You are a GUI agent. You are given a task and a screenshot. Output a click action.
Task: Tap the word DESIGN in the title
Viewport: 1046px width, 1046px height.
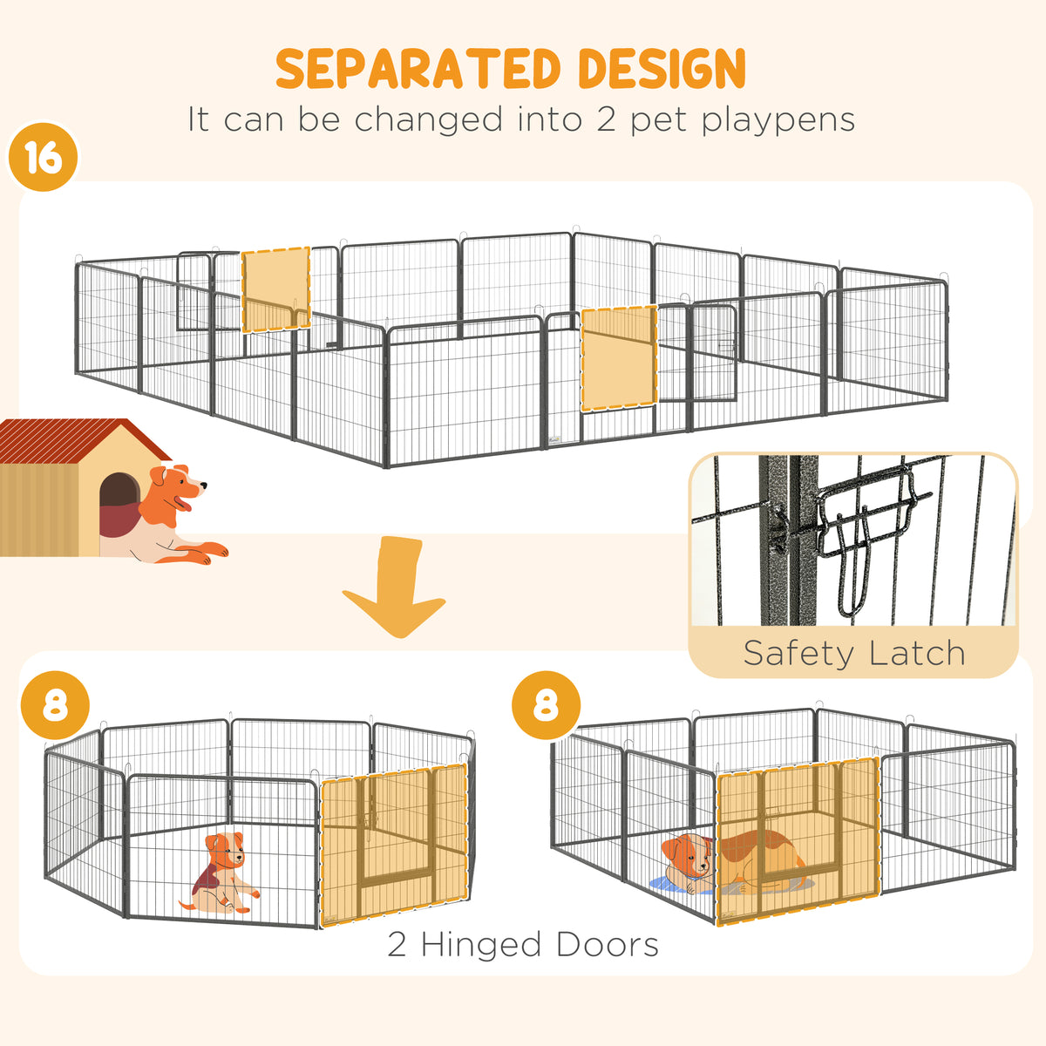[x=662, y=68]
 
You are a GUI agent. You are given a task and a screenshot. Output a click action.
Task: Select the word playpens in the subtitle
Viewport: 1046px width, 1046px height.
[x=778, y=120]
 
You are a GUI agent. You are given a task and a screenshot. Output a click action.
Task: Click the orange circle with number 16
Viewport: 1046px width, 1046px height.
[x=43, y=157]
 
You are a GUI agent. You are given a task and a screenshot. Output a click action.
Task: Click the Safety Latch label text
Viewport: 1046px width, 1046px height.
[x=854, y=653]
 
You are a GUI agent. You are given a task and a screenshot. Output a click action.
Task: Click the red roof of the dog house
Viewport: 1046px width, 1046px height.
[x=81, y=439]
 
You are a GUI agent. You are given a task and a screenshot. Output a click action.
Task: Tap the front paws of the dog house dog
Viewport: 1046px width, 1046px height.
[x=208, y=551]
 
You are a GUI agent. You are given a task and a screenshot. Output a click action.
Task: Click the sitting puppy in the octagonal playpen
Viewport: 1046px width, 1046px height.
[x=223, y=873]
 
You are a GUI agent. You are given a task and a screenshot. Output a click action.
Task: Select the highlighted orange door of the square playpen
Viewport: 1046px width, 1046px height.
[x=798, y=840]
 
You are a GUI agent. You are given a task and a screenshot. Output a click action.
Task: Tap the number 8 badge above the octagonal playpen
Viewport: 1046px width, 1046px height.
[x=55, y=706]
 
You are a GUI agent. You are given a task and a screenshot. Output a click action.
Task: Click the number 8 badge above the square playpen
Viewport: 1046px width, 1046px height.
[x=546, y=705]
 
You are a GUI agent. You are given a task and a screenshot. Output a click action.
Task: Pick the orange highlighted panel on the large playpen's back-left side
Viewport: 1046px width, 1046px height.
[x=275, y=289]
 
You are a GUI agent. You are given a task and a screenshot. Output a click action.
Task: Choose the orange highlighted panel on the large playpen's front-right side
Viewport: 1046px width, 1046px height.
[x=620, y=358]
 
